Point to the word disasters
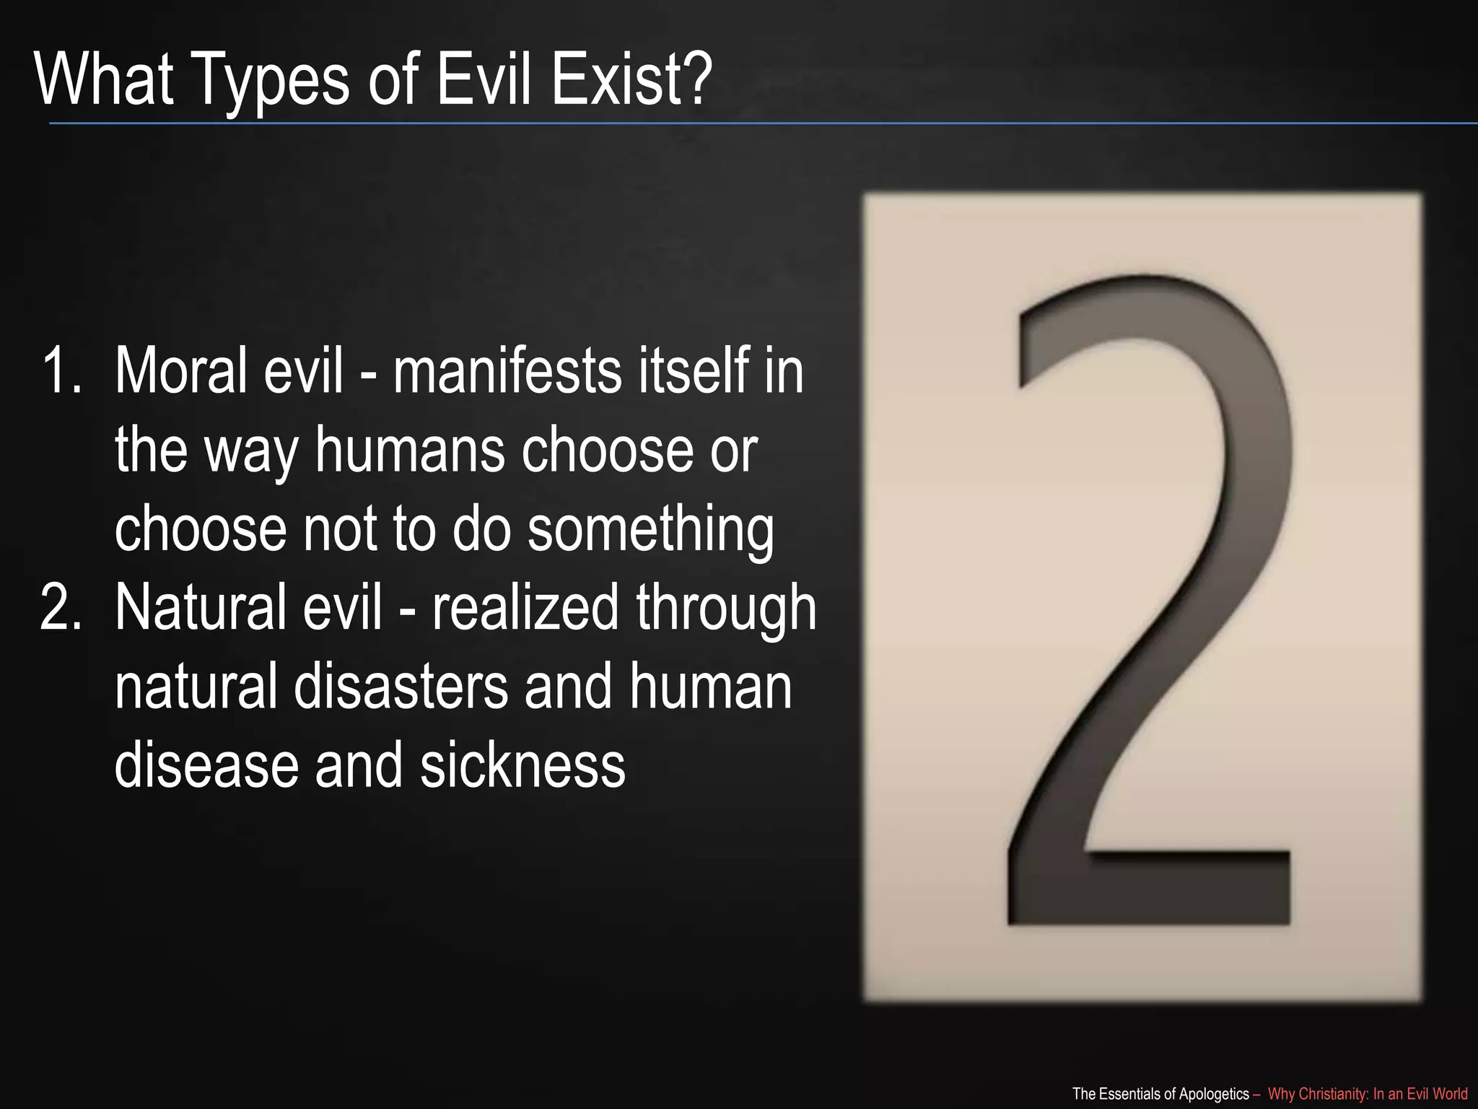click(401, 687)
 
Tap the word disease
click(206, 765)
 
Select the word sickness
click(522, 765)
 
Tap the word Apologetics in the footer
click(1213, 1094)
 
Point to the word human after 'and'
click(711, 687)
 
